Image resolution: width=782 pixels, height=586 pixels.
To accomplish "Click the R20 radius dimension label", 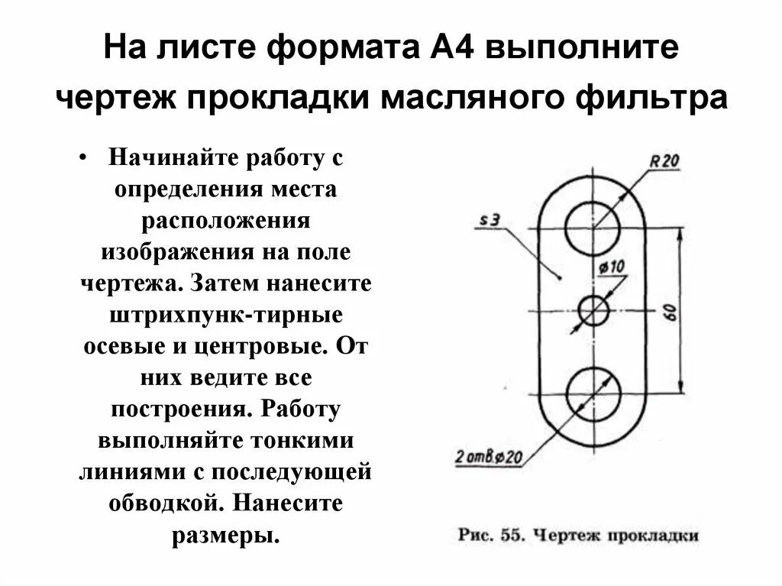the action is point(664,161).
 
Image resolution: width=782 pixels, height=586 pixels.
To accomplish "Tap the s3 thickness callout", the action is point(490,221).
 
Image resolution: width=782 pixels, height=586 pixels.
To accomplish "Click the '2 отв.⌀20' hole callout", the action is point(489,457).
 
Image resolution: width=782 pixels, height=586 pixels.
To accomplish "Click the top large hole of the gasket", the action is point(593,228).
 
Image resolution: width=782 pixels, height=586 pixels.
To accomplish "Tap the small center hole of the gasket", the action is point(593,310).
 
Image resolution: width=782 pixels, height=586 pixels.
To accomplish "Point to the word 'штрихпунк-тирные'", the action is point(226,314).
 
